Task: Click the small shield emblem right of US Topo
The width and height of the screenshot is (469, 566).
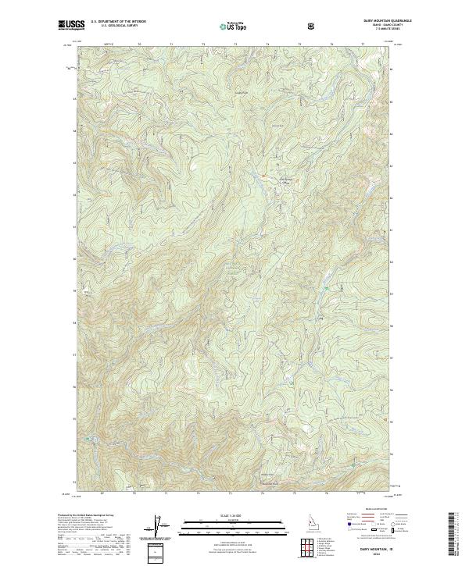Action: tap(313, 26)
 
